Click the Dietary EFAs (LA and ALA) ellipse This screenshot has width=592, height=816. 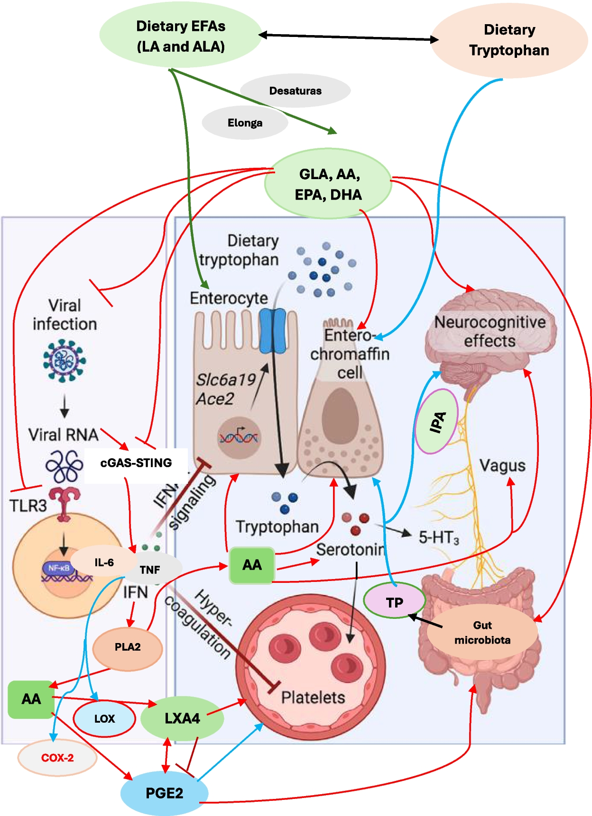click(x=180, y=36)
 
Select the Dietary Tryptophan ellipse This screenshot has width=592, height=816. click(x=509, y=40)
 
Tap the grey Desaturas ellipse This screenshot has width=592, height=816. click(x=295, y=91)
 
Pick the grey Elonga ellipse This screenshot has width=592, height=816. click(x=245, y=123)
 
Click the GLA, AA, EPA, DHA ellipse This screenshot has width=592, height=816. click(x=328, y=184)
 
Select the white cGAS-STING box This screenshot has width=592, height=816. click(x=136, y=463)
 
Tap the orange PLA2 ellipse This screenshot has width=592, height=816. click(x=128, y=647)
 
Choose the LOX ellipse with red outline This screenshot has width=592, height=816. click(x=104, y=719)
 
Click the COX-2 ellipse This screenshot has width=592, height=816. click(x=57, y=758)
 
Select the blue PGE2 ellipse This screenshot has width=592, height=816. click(x=164, y=793)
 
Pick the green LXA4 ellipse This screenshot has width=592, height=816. click(x=182, y=719)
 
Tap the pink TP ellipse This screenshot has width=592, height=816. click(x=394, y=602)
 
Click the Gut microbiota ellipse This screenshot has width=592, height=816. click(x=482, y=633)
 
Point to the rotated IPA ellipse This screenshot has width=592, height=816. click(x=437, y=422)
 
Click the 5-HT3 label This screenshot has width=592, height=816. click(x=439, y=538)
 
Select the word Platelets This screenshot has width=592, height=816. click(x=313, y=698)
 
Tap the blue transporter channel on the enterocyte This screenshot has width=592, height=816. click(x=272, y=331)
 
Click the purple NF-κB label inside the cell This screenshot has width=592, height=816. click(x=59, y=568)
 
